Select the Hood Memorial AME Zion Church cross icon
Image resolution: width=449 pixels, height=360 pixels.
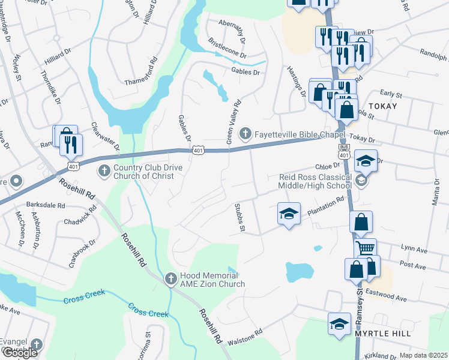coord(170,279)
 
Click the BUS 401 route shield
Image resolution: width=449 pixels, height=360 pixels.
coord(343,151)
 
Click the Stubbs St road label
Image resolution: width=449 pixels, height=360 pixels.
coord(239,217)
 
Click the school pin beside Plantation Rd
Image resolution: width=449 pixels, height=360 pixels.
coord(289,214)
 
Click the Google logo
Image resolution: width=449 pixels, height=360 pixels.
coord(19,353)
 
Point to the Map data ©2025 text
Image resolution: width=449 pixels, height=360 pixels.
coord(423,355)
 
